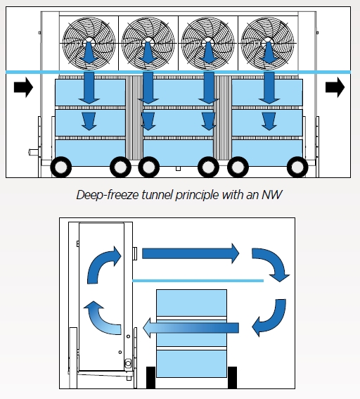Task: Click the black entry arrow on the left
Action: tap(23, 87)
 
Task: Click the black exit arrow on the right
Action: tap(335, 87)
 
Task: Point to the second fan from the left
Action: tap(148, 43)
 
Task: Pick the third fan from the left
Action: tap(208, 43)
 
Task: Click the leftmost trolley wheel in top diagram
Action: tap(61, 167)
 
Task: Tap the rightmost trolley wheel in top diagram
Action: tap(297, 167)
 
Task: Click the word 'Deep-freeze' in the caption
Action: tap(108, 195)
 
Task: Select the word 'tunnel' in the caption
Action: tap(157, 195)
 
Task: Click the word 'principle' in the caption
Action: tap(198, 195)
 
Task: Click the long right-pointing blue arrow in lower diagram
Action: tap(191, 253)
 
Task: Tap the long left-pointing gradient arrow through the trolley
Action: tap(191, 328)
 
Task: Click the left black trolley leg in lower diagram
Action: tap(150, 378)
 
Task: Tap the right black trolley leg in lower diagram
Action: tap(232, 378)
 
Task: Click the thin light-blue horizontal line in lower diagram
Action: tap(198, 281)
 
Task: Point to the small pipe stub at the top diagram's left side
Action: tap(34, 153)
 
